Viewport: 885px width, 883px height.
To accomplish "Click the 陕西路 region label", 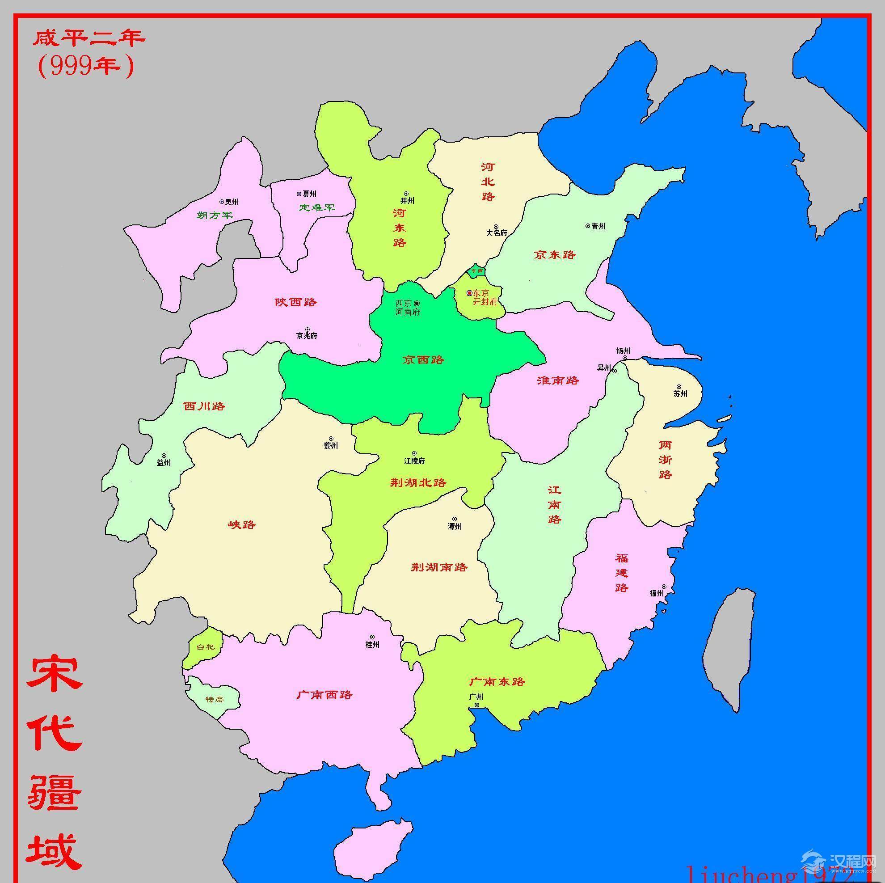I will pos(296,302).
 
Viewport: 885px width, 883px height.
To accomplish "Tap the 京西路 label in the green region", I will pos(423,360).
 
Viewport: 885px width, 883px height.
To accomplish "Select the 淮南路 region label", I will pos(558,380).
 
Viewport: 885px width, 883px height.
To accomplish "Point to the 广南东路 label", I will pos(497,681).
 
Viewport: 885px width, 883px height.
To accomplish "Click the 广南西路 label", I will pos(325,695).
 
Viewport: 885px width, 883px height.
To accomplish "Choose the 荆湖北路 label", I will pos(418,482).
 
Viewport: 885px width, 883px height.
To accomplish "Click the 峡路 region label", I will pos(242,525).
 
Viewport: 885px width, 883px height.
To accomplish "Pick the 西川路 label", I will pos(204,406).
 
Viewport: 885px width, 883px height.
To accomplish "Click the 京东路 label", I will pos(555,255).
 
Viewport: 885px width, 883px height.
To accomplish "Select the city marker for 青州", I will pos(588,225).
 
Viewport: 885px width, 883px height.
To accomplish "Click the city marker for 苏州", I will pos(679,387).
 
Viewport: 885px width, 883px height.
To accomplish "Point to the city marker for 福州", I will pos(664,587).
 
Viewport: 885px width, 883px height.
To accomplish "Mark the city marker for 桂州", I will pos(372,638).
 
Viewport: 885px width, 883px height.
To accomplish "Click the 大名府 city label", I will pos(497,233).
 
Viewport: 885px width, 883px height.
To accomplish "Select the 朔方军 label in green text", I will pos(215,215).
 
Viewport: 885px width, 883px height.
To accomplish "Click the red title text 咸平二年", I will pos(88,38).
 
